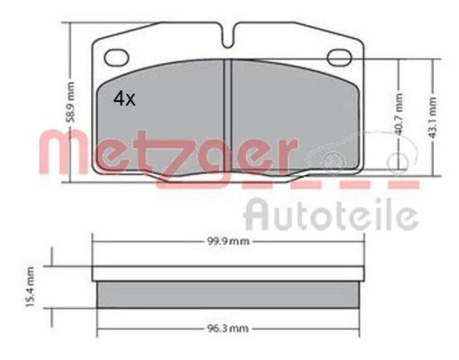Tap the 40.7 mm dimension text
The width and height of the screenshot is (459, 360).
coord(400,115)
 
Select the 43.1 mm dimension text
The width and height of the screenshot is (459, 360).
coord(434,117)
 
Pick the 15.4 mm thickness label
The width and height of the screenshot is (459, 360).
coord(30,287)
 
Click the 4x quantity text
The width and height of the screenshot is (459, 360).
coord(124,99)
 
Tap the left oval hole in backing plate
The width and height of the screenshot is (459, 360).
coord(118,57)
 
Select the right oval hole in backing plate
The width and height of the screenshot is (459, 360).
coord(339,57)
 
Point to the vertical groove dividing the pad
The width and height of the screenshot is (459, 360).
coord(228,115)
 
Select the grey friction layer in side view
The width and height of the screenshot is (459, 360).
coord(228,294)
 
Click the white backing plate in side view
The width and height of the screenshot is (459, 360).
coord(228,273)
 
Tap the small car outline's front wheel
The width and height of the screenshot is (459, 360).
coord(331,162)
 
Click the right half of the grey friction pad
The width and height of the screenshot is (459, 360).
coord(293,115)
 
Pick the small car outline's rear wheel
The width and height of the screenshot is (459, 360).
coord(396,161)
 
